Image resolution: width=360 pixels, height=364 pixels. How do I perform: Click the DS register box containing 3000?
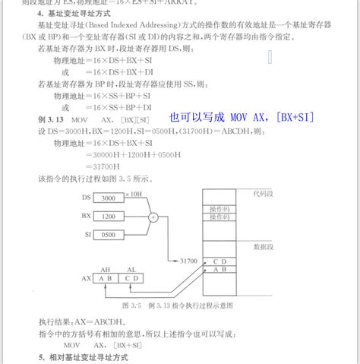109,198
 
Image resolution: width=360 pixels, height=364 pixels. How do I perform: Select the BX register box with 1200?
109,216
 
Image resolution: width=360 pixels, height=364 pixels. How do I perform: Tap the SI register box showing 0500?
109,234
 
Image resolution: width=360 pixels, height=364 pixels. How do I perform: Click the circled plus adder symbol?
153,216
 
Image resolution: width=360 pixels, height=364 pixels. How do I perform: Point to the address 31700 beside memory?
188,261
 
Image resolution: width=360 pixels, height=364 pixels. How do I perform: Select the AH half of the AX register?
105,278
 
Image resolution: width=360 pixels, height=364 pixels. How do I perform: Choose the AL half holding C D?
131,278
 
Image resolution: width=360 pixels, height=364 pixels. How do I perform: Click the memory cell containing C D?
219,261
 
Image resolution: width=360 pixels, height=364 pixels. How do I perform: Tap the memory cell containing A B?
219,269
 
